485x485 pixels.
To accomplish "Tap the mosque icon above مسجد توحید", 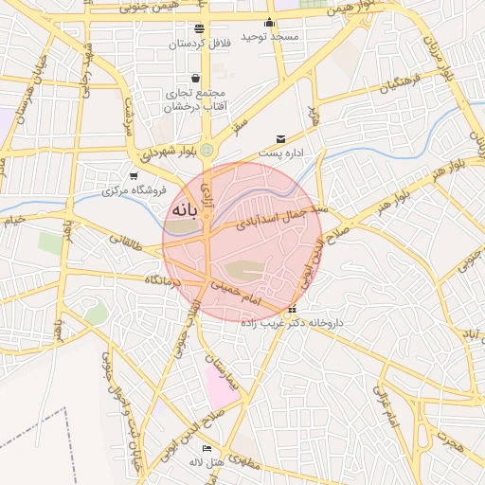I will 270,24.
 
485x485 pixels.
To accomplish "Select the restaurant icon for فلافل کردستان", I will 198,29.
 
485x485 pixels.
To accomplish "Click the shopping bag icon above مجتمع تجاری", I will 195,79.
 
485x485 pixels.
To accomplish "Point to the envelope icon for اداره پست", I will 279,139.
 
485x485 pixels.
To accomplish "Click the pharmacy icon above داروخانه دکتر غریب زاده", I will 292,310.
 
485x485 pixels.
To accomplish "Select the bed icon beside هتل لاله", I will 207,448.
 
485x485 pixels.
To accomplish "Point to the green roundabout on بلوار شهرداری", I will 207,149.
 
